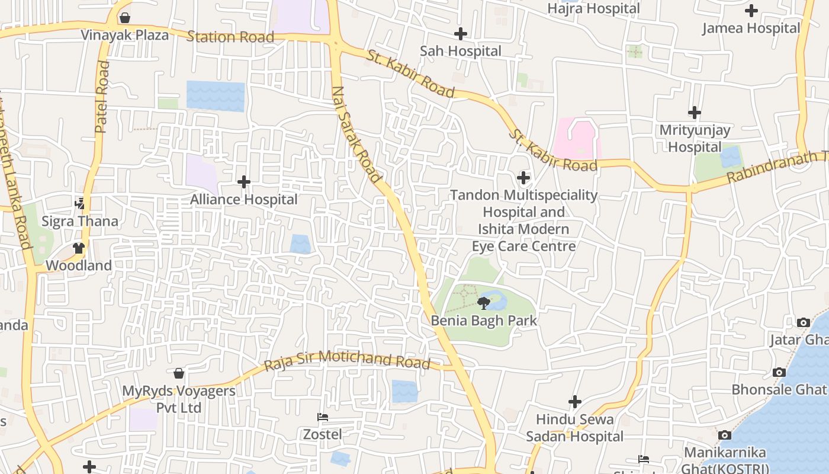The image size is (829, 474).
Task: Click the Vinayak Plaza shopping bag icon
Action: [125, 18]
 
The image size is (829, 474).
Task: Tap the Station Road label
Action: [230, 37]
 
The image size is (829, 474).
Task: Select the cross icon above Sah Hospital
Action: [460, 34]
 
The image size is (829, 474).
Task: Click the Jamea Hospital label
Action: [751, 28]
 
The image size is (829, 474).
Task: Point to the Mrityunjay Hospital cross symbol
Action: [695, 112]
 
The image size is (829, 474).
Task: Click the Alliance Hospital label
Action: [243, 200]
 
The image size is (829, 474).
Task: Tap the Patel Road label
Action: [102, 97]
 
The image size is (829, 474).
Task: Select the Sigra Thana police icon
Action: [79, 204]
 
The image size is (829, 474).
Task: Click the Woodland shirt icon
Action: [79, 248]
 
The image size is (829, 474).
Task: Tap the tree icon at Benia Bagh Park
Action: [484, 304]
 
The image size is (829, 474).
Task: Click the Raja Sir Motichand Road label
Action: [347, 360]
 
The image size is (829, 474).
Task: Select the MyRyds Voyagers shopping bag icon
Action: [179, 373]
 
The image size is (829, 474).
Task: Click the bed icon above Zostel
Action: [323, 417]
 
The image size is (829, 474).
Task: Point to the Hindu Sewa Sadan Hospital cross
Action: [574, 402]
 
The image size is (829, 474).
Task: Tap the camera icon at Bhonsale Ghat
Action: [779, 372]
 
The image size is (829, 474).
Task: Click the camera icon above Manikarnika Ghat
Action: [724, 435]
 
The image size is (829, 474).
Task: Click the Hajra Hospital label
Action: [593, 8]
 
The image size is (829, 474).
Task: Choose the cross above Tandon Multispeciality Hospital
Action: [523, 177]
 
